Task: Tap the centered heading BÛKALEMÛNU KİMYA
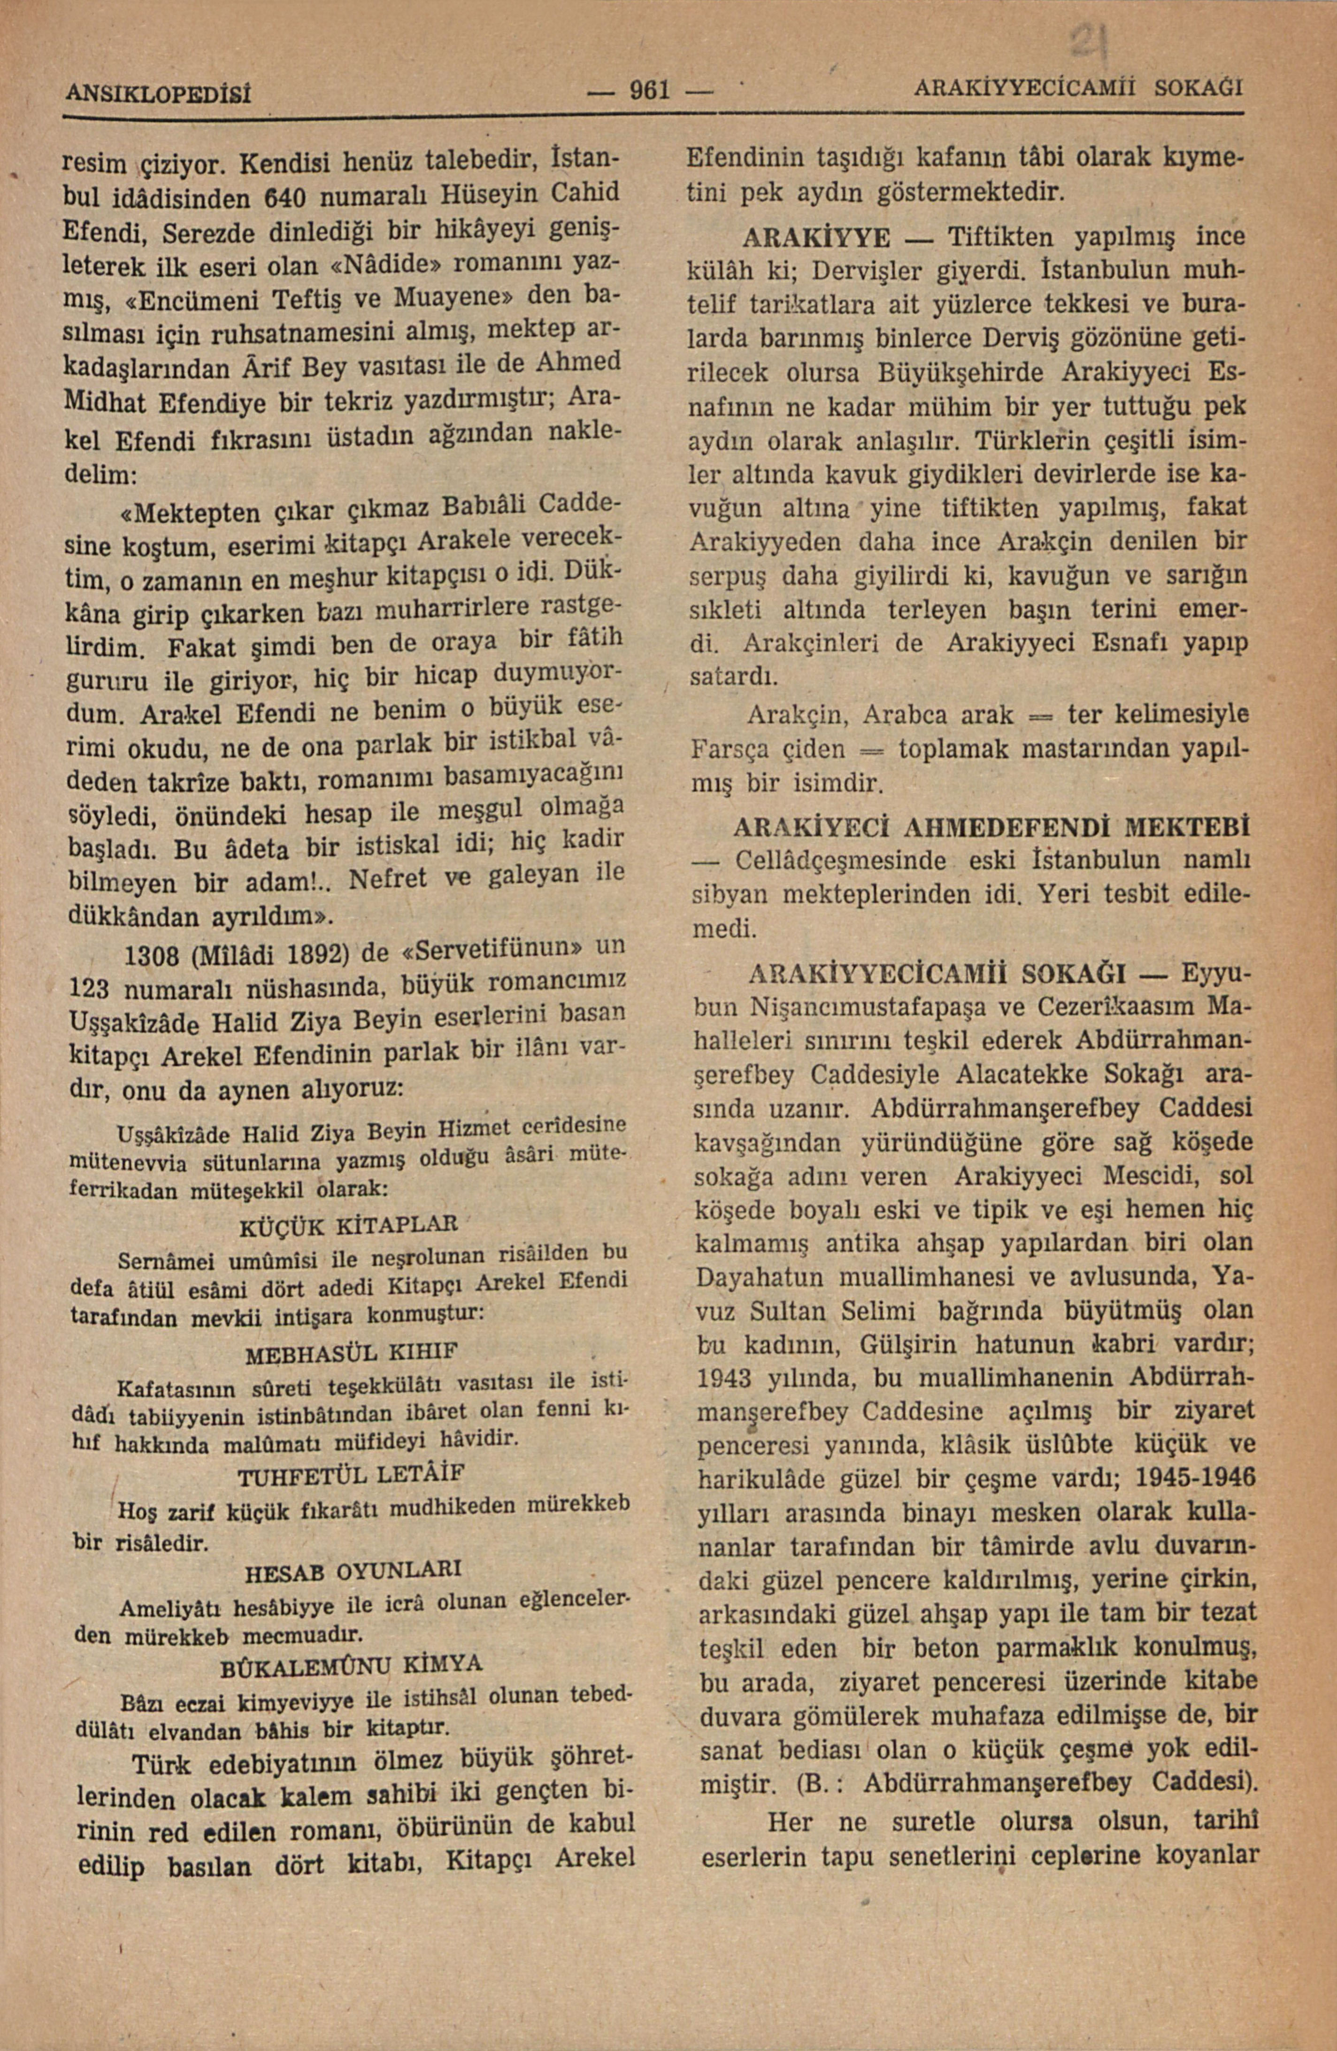tap(353, 1667)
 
